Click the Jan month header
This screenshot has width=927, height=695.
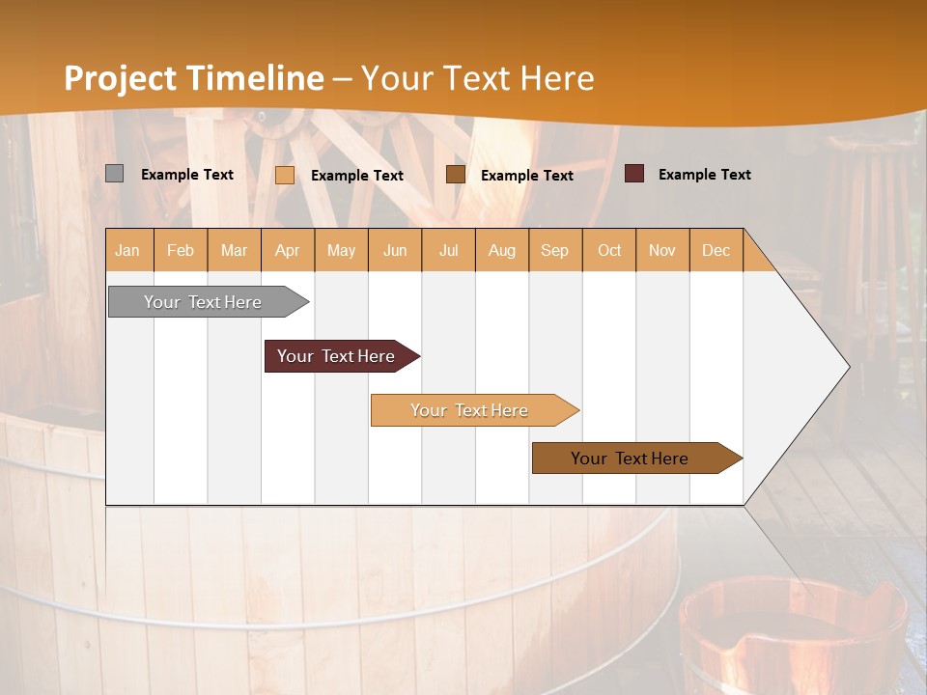coord(127,250)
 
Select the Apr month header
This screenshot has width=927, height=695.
coord(287,250)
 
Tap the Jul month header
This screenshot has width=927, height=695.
coord(448,250)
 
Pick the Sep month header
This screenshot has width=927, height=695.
coord(554,250)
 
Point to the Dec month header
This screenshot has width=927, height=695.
coord(716,250)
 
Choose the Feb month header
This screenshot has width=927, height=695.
coord(181,250)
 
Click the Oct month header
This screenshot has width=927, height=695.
coord(609,250)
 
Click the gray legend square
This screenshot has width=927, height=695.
coord(115,174)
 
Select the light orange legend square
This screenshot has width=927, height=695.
coord(285,175)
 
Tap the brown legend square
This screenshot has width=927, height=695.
coord(456,175)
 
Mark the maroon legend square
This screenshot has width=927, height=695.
coord(634,174)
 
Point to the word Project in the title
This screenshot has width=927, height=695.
coord(119,78)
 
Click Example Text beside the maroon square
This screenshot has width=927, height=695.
coord(704,174)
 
